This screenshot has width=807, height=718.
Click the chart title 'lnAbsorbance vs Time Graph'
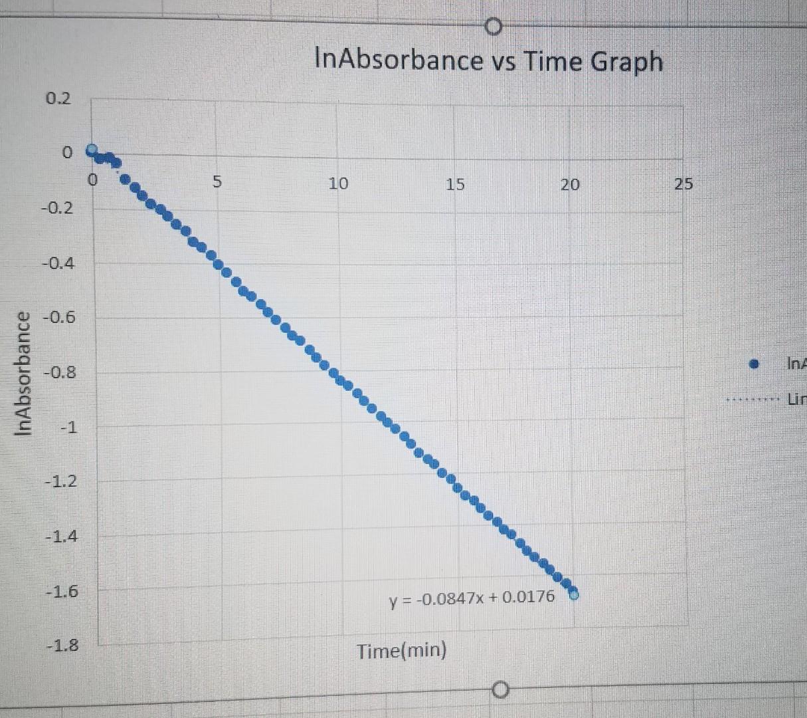tap(488, 61)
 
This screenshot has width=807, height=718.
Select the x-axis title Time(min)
tap(401, 650)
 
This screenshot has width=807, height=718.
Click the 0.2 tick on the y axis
tap(58, 99)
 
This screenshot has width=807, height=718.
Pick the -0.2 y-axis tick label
tap(58, 208)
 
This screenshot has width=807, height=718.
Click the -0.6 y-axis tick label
tap(59, 317)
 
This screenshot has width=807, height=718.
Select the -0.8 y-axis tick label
tap(59, 372)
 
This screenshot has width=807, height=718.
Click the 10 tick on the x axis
tap(338, 183)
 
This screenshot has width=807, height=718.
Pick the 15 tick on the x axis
tap(455, 184)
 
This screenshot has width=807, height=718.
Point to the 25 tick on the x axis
tap(683, 184)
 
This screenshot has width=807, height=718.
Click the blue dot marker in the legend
tap(753, 364)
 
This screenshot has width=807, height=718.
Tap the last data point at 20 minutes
tap(573, 594)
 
